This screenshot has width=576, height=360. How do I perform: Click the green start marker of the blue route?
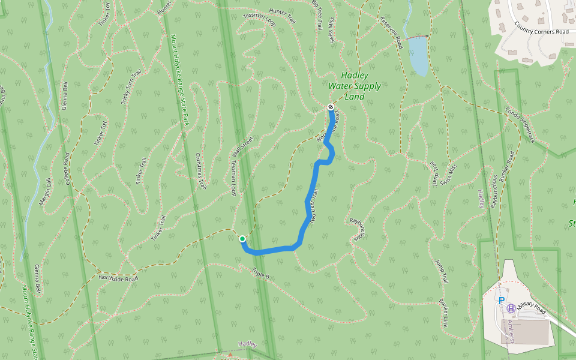242,239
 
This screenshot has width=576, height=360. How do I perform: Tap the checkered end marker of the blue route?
331,107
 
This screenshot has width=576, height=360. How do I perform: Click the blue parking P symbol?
502,300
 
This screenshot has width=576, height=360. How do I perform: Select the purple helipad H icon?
511,308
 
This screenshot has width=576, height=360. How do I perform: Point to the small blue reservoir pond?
418,56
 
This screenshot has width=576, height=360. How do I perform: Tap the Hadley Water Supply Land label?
355,86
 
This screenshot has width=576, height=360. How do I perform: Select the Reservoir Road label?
391,32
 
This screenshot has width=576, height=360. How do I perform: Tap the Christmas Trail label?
200,170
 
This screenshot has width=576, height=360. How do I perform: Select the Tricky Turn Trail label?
131,88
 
